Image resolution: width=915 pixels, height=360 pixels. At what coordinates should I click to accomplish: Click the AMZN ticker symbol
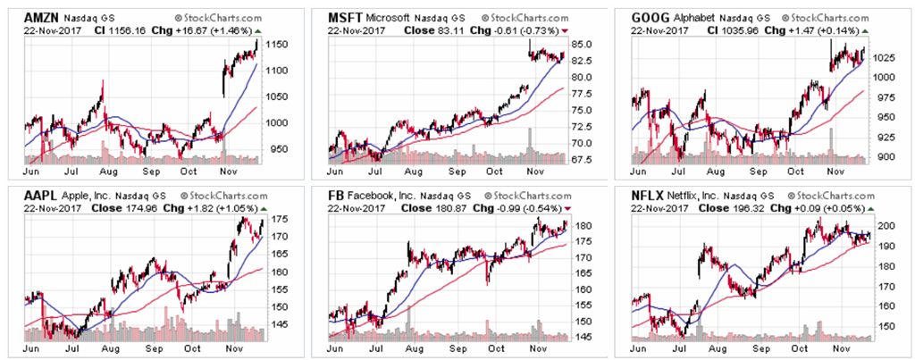(43, 17)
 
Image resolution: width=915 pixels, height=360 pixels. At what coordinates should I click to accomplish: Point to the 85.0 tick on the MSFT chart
(582, 44)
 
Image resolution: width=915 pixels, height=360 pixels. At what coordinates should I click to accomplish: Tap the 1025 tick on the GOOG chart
(886, 57)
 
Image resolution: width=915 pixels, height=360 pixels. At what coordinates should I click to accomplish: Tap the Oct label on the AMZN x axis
(189, 170)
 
